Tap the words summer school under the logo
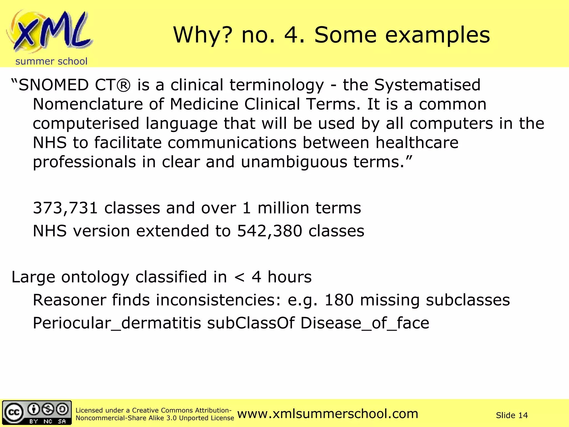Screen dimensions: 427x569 (x=51, y=61)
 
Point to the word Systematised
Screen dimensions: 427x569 (x=427, y=85)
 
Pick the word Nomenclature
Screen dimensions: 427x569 (x=88, y=104)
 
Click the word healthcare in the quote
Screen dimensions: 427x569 (x=417, y=143)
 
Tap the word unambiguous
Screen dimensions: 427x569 (x=294, y=162)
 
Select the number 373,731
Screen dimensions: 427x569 (x=65, y=208)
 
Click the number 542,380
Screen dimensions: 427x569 (x=269, y=231)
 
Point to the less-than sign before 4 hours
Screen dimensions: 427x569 (x=239, y=277)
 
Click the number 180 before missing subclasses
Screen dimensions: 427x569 (x=339, y=300)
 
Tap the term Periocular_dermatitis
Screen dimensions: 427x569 (x=117, y=323)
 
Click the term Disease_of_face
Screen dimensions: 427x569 (x=365, y=323)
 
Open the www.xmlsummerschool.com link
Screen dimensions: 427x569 (x=328, y=414)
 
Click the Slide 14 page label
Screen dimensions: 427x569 (x=511, y=415)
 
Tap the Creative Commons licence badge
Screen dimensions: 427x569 (x=37, y=413)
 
